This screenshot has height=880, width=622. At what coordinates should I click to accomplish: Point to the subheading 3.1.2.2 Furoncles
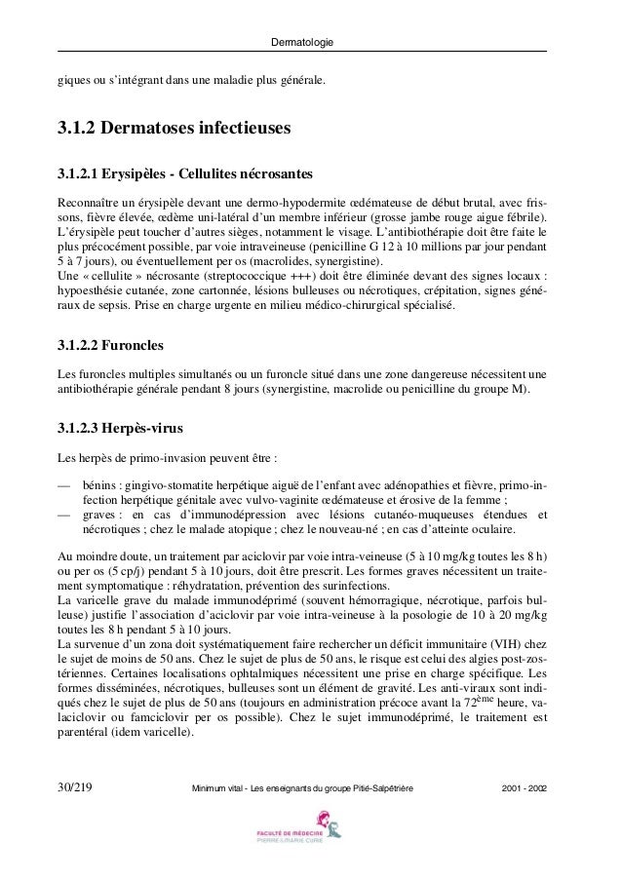(111, 346)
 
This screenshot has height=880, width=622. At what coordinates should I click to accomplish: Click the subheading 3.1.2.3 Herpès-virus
(120, 428)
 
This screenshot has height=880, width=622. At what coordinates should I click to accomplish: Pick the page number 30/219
(77, 785)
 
